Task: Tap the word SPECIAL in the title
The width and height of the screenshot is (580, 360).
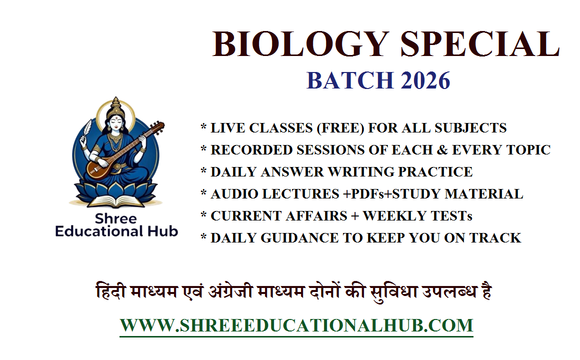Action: click(479, 44)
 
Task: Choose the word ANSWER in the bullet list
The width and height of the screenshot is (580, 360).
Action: click(290, 172)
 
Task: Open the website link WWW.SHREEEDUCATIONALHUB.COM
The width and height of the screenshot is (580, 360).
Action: click(296, 325)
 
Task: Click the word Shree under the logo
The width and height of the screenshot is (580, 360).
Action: click(116, 219)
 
